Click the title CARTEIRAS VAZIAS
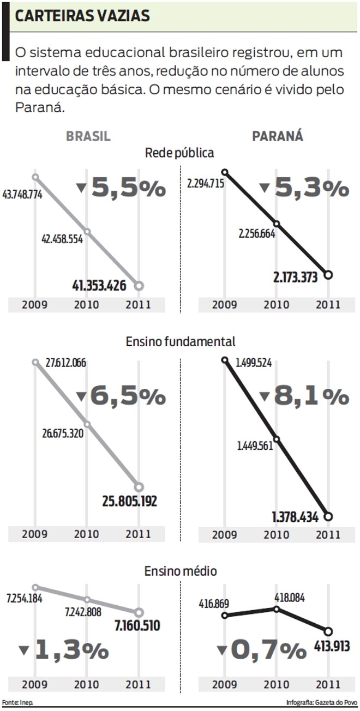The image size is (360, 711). [82, 16]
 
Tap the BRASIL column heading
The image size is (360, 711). [88, 136]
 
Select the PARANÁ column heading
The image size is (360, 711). [278, 136]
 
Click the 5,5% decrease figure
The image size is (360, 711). [128, 188]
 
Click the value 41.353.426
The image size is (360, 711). [107, 285]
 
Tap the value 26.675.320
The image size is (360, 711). [63, 435]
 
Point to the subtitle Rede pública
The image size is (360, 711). [179, 153]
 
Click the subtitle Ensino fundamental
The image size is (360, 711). [181, 341]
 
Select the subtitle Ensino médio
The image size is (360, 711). [181, 571]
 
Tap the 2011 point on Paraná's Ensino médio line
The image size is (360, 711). [328, 631]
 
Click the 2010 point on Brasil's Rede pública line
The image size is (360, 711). [87, 232]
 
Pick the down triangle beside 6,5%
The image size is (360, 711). [82, 396]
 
